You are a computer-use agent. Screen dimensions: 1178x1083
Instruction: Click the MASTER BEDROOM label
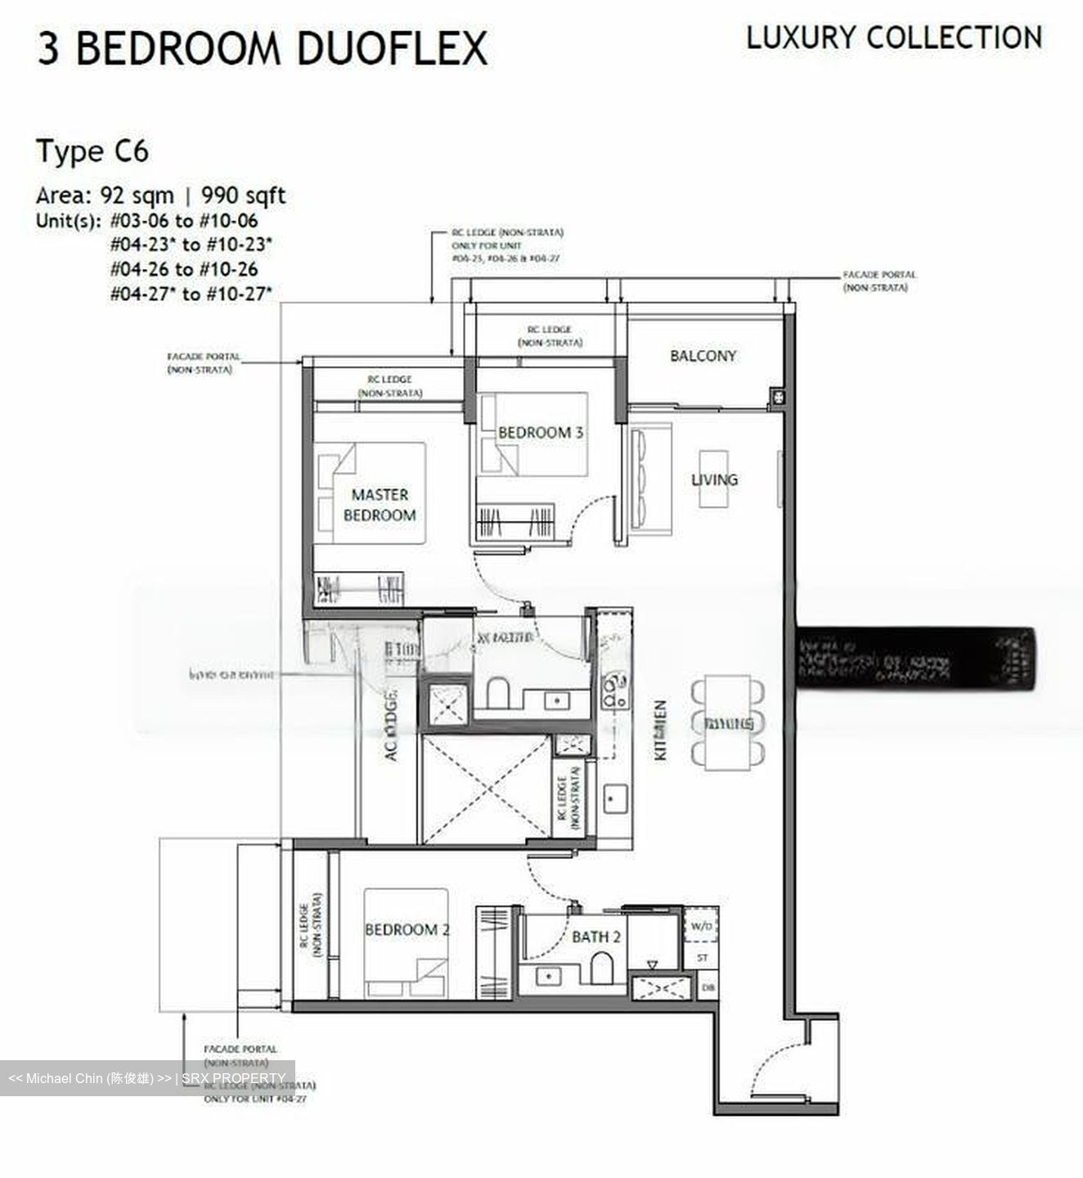379,505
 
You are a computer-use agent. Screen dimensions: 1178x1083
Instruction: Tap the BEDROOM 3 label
540,432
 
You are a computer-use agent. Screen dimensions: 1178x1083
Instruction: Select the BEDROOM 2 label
407,929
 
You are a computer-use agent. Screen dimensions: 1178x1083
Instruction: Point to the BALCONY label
703,356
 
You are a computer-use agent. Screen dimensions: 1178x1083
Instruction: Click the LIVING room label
714,479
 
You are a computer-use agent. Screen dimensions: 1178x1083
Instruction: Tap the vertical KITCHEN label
661,730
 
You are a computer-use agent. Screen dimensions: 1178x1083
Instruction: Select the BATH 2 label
596,937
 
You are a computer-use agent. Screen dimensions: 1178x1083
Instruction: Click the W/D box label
702,927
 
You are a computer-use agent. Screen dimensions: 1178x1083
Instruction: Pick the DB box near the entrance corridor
708,988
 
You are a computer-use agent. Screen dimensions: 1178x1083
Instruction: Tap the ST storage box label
703,957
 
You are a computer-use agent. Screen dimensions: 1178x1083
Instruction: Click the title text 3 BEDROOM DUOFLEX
262,47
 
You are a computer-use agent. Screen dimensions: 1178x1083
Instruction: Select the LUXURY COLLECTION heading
894,38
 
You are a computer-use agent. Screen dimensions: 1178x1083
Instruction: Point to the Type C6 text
92,152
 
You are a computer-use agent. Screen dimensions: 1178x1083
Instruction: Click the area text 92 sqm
137,196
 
